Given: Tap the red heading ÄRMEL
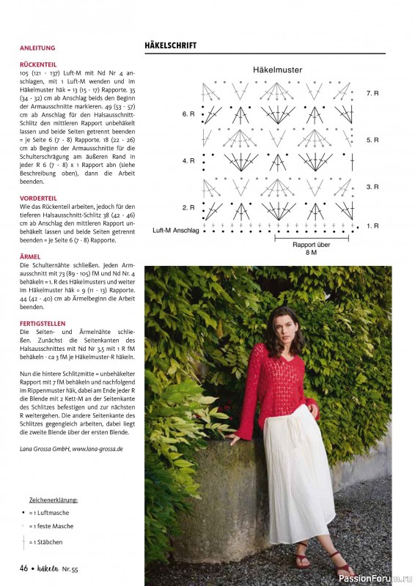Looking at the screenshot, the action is point(30,257).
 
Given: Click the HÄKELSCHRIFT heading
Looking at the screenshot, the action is point(171,45).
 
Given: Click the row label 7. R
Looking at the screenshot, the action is point(372,94).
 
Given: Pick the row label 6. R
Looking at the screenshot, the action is point(188,115).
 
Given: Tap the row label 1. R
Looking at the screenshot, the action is point(372,226).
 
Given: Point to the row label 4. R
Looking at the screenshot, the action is point(188,160).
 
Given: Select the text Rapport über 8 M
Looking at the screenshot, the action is point(310,248).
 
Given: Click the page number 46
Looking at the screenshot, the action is point(23,569).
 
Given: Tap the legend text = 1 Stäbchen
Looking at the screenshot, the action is point(45,542).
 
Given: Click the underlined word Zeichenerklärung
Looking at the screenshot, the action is point(54,500).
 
